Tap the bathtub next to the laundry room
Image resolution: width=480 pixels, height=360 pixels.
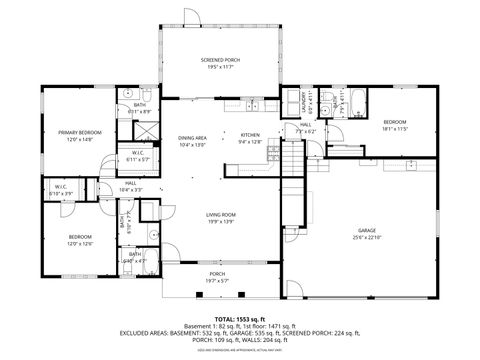coord(355,100)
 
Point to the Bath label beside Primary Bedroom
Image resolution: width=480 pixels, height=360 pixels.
coord(140,105)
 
